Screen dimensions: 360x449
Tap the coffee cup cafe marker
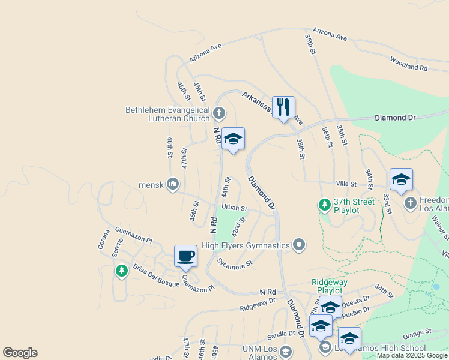point(185,256)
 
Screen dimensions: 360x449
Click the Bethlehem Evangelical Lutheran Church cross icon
point(220,112)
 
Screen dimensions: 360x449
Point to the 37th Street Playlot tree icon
point(325,205)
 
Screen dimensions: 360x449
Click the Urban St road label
point(234,208)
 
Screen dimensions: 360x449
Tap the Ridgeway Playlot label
point(330,286)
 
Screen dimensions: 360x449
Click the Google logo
point(20,353)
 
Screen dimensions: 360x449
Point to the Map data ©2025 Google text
point(412,355)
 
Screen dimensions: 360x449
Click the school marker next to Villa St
point(401,179)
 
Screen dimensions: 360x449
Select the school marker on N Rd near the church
point(233,139)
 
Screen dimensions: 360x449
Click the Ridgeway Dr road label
point(257,304)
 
